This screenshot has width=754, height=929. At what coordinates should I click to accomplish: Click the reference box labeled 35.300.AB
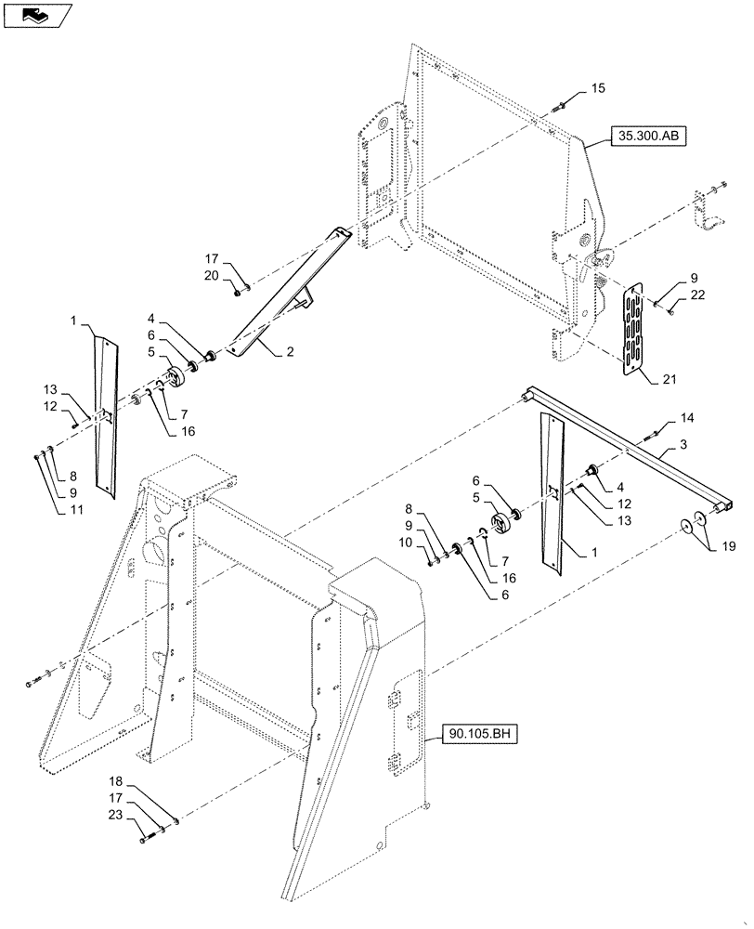[x=647, y=137]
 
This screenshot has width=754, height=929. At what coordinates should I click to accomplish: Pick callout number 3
[x=682, y=446]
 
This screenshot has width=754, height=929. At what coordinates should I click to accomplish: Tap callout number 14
[x=684, y=419]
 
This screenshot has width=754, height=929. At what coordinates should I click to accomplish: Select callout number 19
[x=728, y=547]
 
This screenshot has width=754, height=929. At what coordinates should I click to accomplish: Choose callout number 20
[x=211, y=276]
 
